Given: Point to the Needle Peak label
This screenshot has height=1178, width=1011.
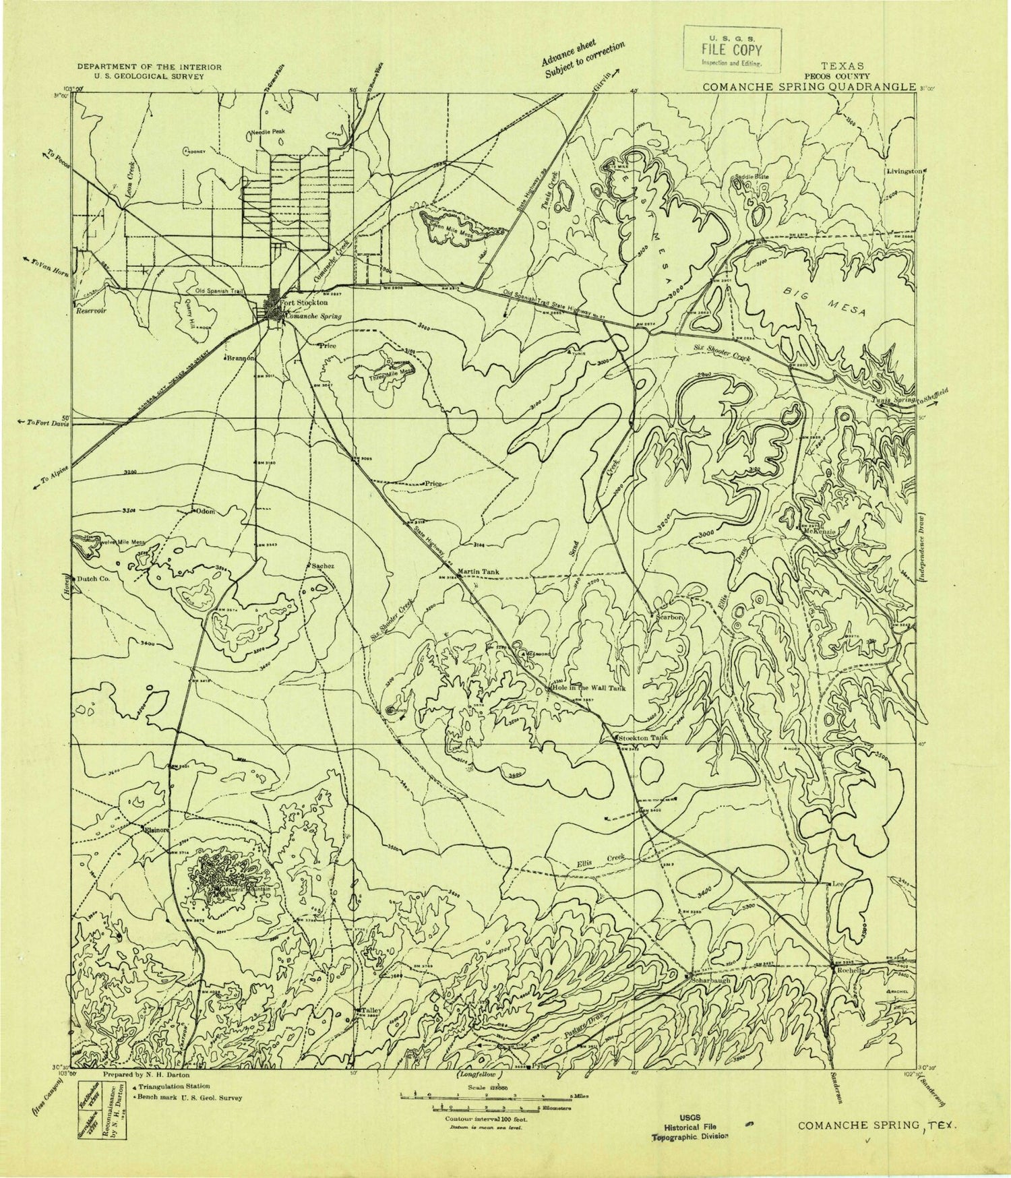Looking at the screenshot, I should point(270,132).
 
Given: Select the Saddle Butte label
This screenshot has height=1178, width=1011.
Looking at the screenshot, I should point(751,177).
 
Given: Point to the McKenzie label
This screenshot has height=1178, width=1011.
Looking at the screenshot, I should point(820,531).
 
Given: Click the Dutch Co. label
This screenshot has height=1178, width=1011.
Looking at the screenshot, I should point(94,578).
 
